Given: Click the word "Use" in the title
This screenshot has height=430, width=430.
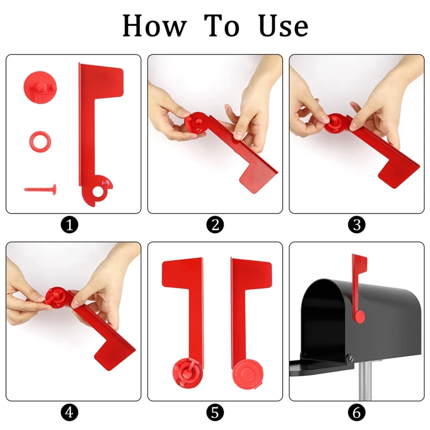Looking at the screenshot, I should pos(283,26).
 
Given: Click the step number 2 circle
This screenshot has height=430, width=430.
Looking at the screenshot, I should pos(215,225).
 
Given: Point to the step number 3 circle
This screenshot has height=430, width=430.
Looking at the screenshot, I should pos(356,225).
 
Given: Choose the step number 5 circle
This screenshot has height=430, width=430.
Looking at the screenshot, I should pos(215,412).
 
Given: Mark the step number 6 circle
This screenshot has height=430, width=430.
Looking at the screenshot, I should pos(356,412).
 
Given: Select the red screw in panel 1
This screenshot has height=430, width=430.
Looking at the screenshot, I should pos(40,188).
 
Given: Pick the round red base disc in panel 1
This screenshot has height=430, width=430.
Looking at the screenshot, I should pos(39,84).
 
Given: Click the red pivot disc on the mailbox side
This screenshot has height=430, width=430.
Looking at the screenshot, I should pos(360,315).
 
